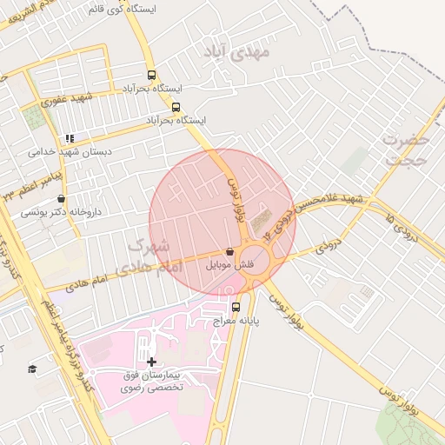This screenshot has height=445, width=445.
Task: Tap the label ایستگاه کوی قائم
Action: click(x=123, y=9)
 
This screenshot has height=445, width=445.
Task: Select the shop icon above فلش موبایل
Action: click(x=229, y=250)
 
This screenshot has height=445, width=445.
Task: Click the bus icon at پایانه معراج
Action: click(x=236, y=307)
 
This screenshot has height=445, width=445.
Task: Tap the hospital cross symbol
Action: click(x=151, y=361)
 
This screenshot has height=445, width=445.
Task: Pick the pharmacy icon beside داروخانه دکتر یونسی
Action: click(x=61, y=198)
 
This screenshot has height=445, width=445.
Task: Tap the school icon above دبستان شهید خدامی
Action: click(x=70, y=138)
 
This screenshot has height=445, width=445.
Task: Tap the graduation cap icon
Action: click(x=32, y=369)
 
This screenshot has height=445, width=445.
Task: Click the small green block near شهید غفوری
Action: click(x=36, y=118)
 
